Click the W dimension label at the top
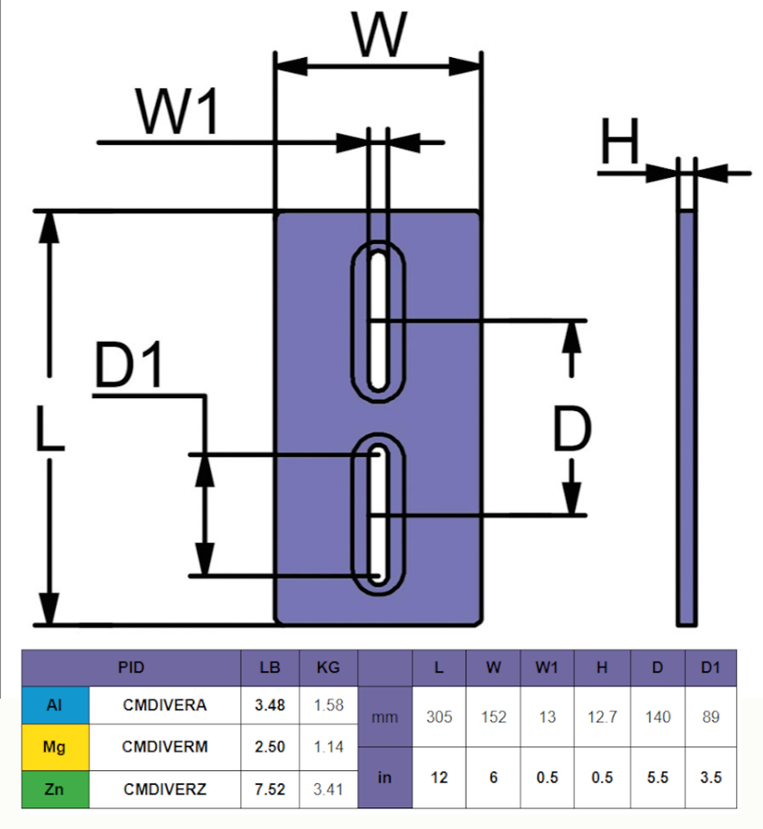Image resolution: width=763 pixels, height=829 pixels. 379,34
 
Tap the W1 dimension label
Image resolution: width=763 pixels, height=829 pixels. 178,111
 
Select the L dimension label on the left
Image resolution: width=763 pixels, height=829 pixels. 50,428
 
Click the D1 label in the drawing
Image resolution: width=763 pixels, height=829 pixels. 129,365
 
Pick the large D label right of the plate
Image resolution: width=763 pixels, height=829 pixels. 571,429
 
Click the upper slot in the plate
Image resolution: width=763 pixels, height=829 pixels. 378,321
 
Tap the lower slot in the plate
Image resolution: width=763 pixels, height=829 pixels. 378,515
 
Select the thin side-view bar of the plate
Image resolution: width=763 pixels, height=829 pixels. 687,418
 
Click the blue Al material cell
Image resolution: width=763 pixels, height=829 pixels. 55,706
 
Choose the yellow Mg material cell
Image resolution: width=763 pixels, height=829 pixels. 55,747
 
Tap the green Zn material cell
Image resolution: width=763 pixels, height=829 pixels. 55,789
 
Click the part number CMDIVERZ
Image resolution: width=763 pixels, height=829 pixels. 164,789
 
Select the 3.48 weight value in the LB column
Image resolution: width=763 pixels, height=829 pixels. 270,706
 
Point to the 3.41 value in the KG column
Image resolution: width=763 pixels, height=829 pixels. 328,789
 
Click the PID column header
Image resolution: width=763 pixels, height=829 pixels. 131,668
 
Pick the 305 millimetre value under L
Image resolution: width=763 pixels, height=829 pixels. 439,717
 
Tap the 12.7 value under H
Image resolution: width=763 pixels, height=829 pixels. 602,717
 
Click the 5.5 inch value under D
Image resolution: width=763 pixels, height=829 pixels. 658,778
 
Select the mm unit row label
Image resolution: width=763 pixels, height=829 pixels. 385,718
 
